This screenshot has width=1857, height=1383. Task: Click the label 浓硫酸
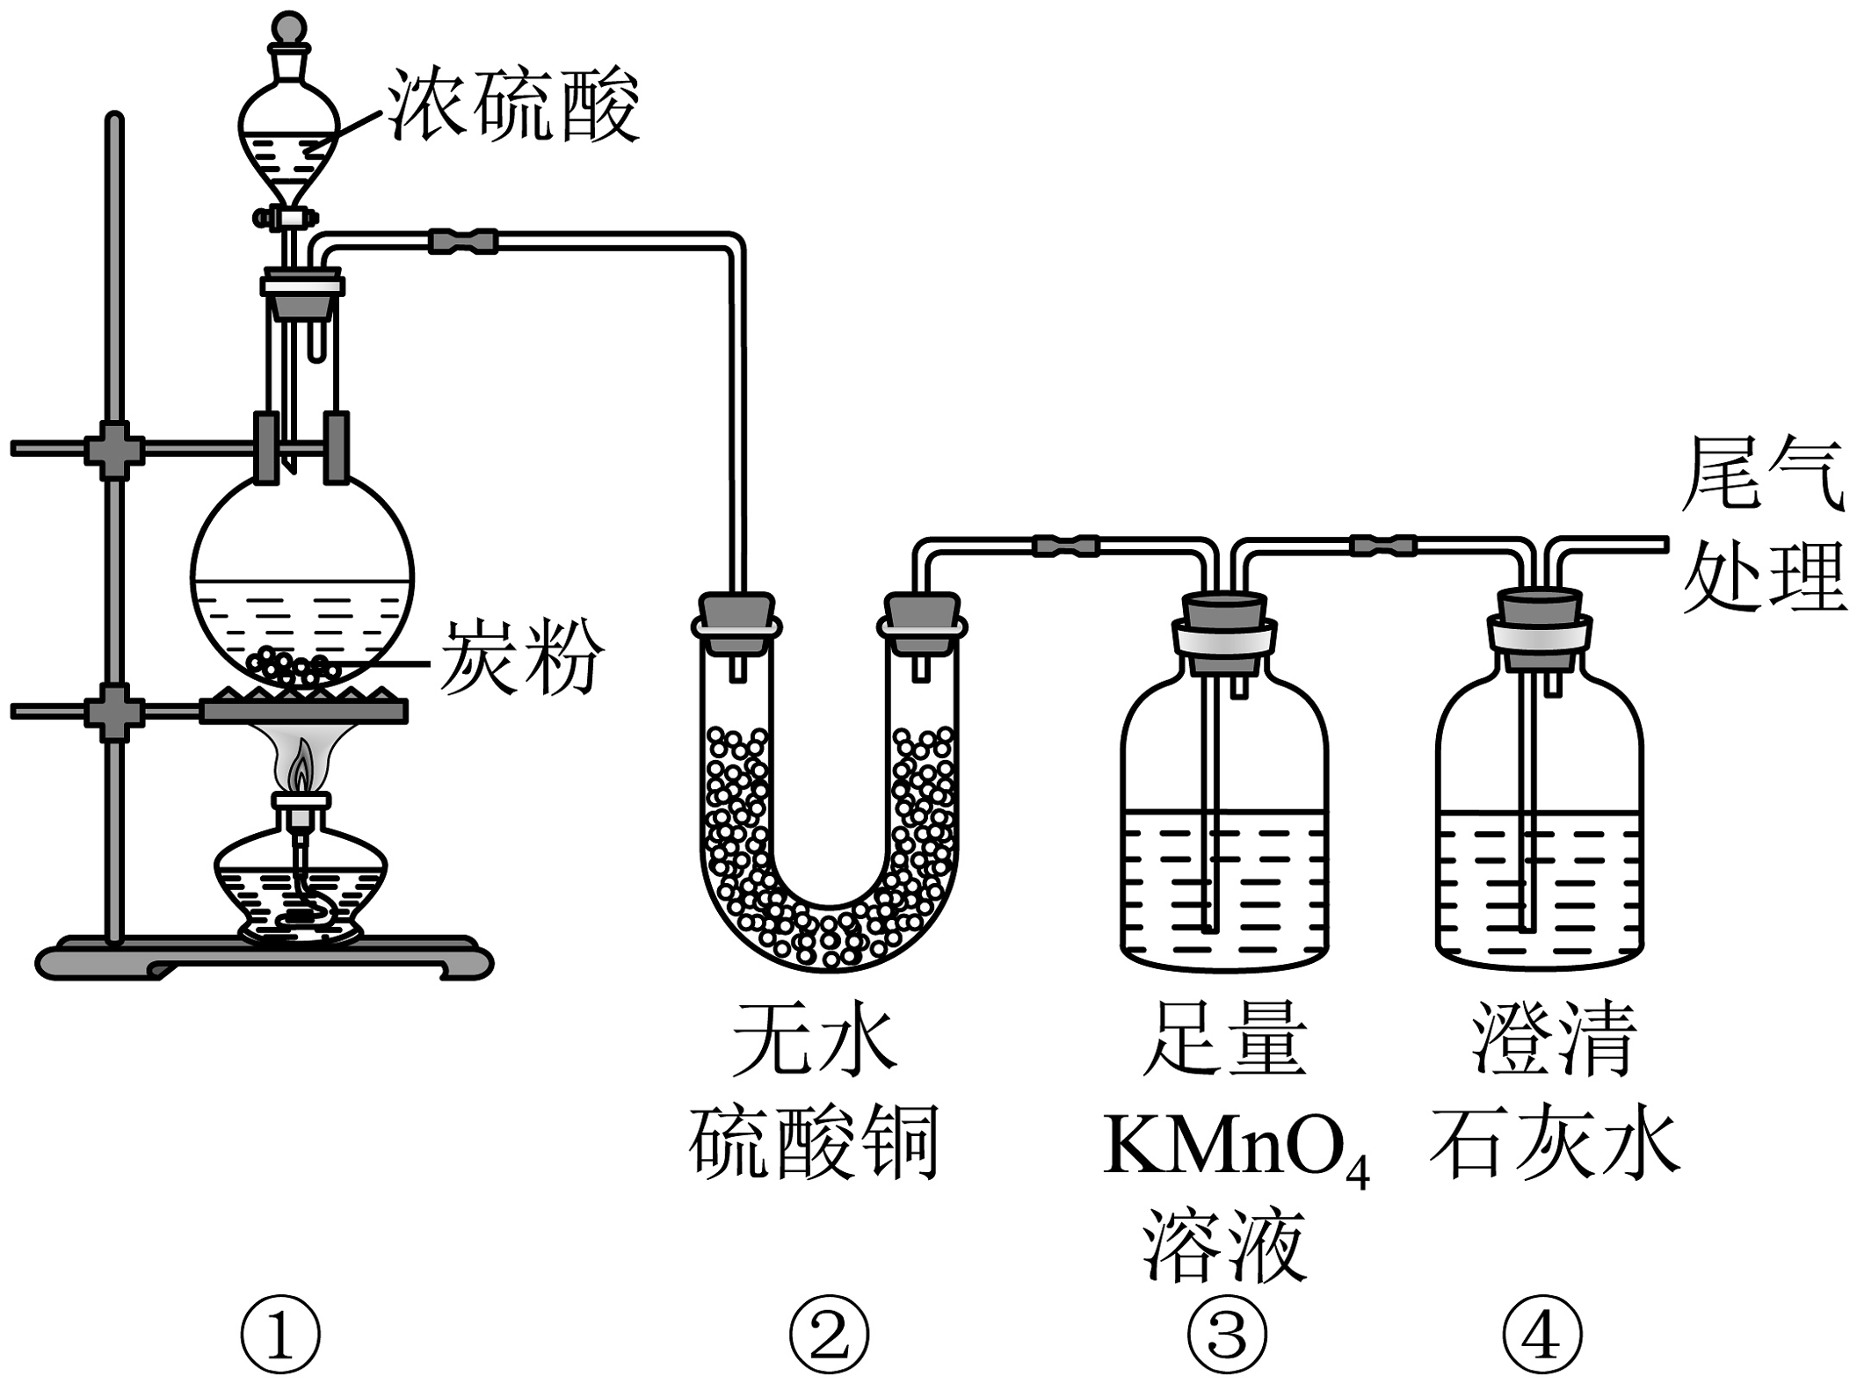[514, 105]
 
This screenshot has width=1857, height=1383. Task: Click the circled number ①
[280, 1335]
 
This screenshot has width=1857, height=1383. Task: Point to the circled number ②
[828, 1335]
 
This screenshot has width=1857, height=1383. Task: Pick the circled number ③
[1227, 1335]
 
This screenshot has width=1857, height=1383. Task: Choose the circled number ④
[1541, 1335]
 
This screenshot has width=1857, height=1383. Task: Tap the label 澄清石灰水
[1554, 1094]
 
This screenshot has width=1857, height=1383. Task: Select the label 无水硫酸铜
[814, 1094]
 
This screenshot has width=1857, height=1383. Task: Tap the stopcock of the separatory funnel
[286, 216]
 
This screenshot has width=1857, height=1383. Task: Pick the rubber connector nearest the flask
[463, 240]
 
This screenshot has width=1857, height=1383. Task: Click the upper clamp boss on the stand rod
[114, 450]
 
